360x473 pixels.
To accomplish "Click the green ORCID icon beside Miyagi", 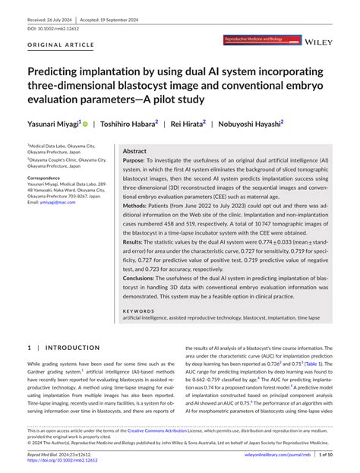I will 85,123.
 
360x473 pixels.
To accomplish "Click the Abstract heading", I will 135,151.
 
